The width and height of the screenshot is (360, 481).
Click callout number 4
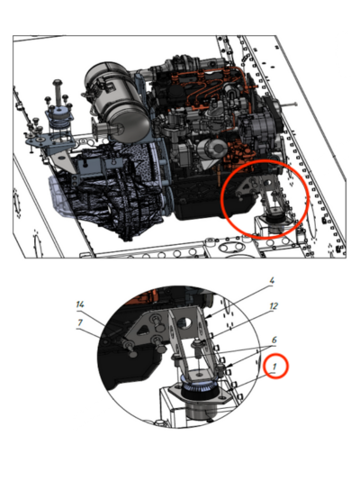pyautogui.click(x=272, y=280)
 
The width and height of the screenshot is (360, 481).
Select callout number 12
pyautogui.click(x=274, y=306)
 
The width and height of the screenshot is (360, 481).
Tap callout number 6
pyautogui.click(x=274, y=340)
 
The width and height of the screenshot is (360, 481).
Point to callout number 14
pyautogui.click(x=80, y=304)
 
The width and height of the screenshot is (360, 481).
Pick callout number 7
pyautogui.click(x=80, y=322)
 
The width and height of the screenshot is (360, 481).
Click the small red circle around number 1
pyautogui.click(x=276, y=366)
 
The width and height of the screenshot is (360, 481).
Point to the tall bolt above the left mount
pyautogui.click(x=58, y=93)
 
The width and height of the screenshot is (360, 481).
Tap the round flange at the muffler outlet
pyautogui.click(x=96, y=130)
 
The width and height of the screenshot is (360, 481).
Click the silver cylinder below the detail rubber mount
pyautogui.click(x=202, y=410)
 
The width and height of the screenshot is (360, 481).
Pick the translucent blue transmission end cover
pyautogui.click(x=60, y=196)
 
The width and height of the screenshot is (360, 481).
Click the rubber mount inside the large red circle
pyautogui.click(x=274, y=220)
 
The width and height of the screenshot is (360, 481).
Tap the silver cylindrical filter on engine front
pyautogui.click(x=212, y=150)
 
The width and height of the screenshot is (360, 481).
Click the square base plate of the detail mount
pyautogui.click(x=200, y=395)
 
